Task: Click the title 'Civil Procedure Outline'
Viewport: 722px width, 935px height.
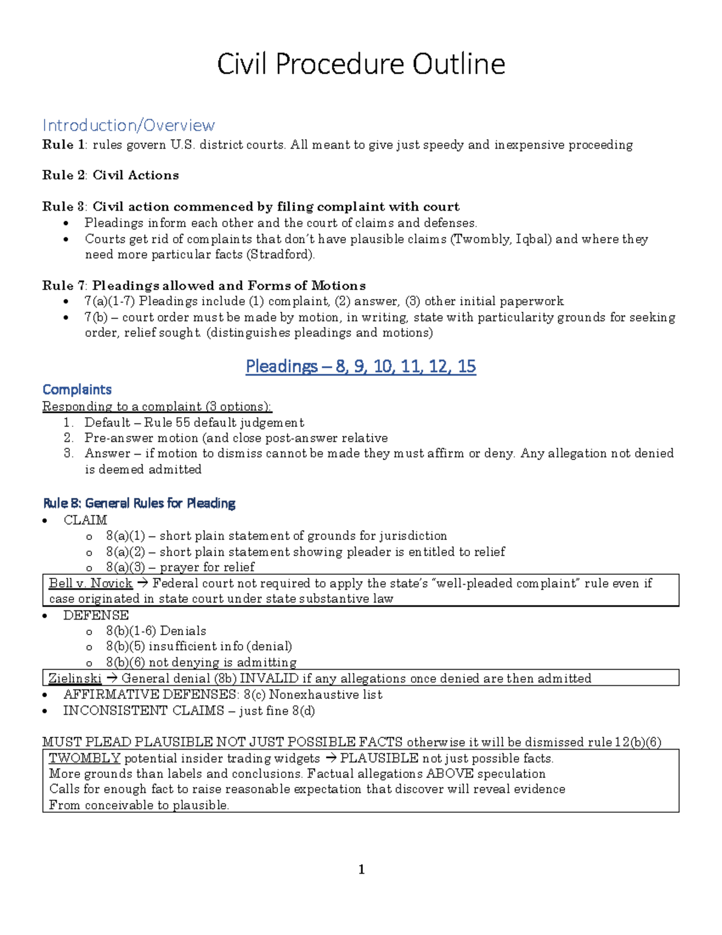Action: (x=361, y=64)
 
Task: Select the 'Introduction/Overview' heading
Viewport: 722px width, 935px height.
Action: (x=128, y=125)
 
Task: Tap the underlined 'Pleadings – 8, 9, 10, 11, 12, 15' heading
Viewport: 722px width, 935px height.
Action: (x=360, y=366)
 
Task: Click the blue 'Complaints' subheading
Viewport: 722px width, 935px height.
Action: (x=77, y=390)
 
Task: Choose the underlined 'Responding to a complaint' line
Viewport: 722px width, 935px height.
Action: (x=156, y=406)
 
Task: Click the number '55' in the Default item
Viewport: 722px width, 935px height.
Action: (x=183, y=423)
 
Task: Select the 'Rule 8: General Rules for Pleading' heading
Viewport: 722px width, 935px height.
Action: (x=139, y=503)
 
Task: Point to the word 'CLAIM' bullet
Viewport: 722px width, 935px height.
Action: (x=85, y=520)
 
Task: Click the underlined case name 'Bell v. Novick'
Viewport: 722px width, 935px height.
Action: (x=90, y=583)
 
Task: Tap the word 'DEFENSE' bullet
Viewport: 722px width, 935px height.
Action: (x=96, y=615)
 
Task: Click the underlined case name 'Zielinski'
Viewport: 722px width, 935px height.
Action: (x=75, y=679)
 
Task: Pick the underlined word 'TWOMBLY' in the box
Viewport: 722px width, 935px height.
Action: (x=85, y=759)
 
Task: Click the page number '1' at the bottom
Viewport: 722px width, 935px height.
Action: (x=362, y=869)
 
